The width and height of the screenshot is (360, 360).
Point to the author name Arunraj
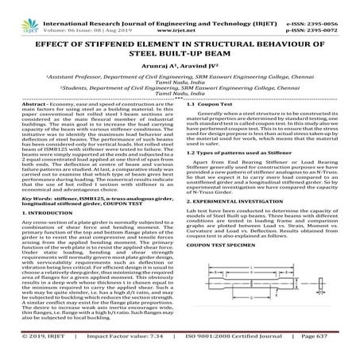pos(157,60)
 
